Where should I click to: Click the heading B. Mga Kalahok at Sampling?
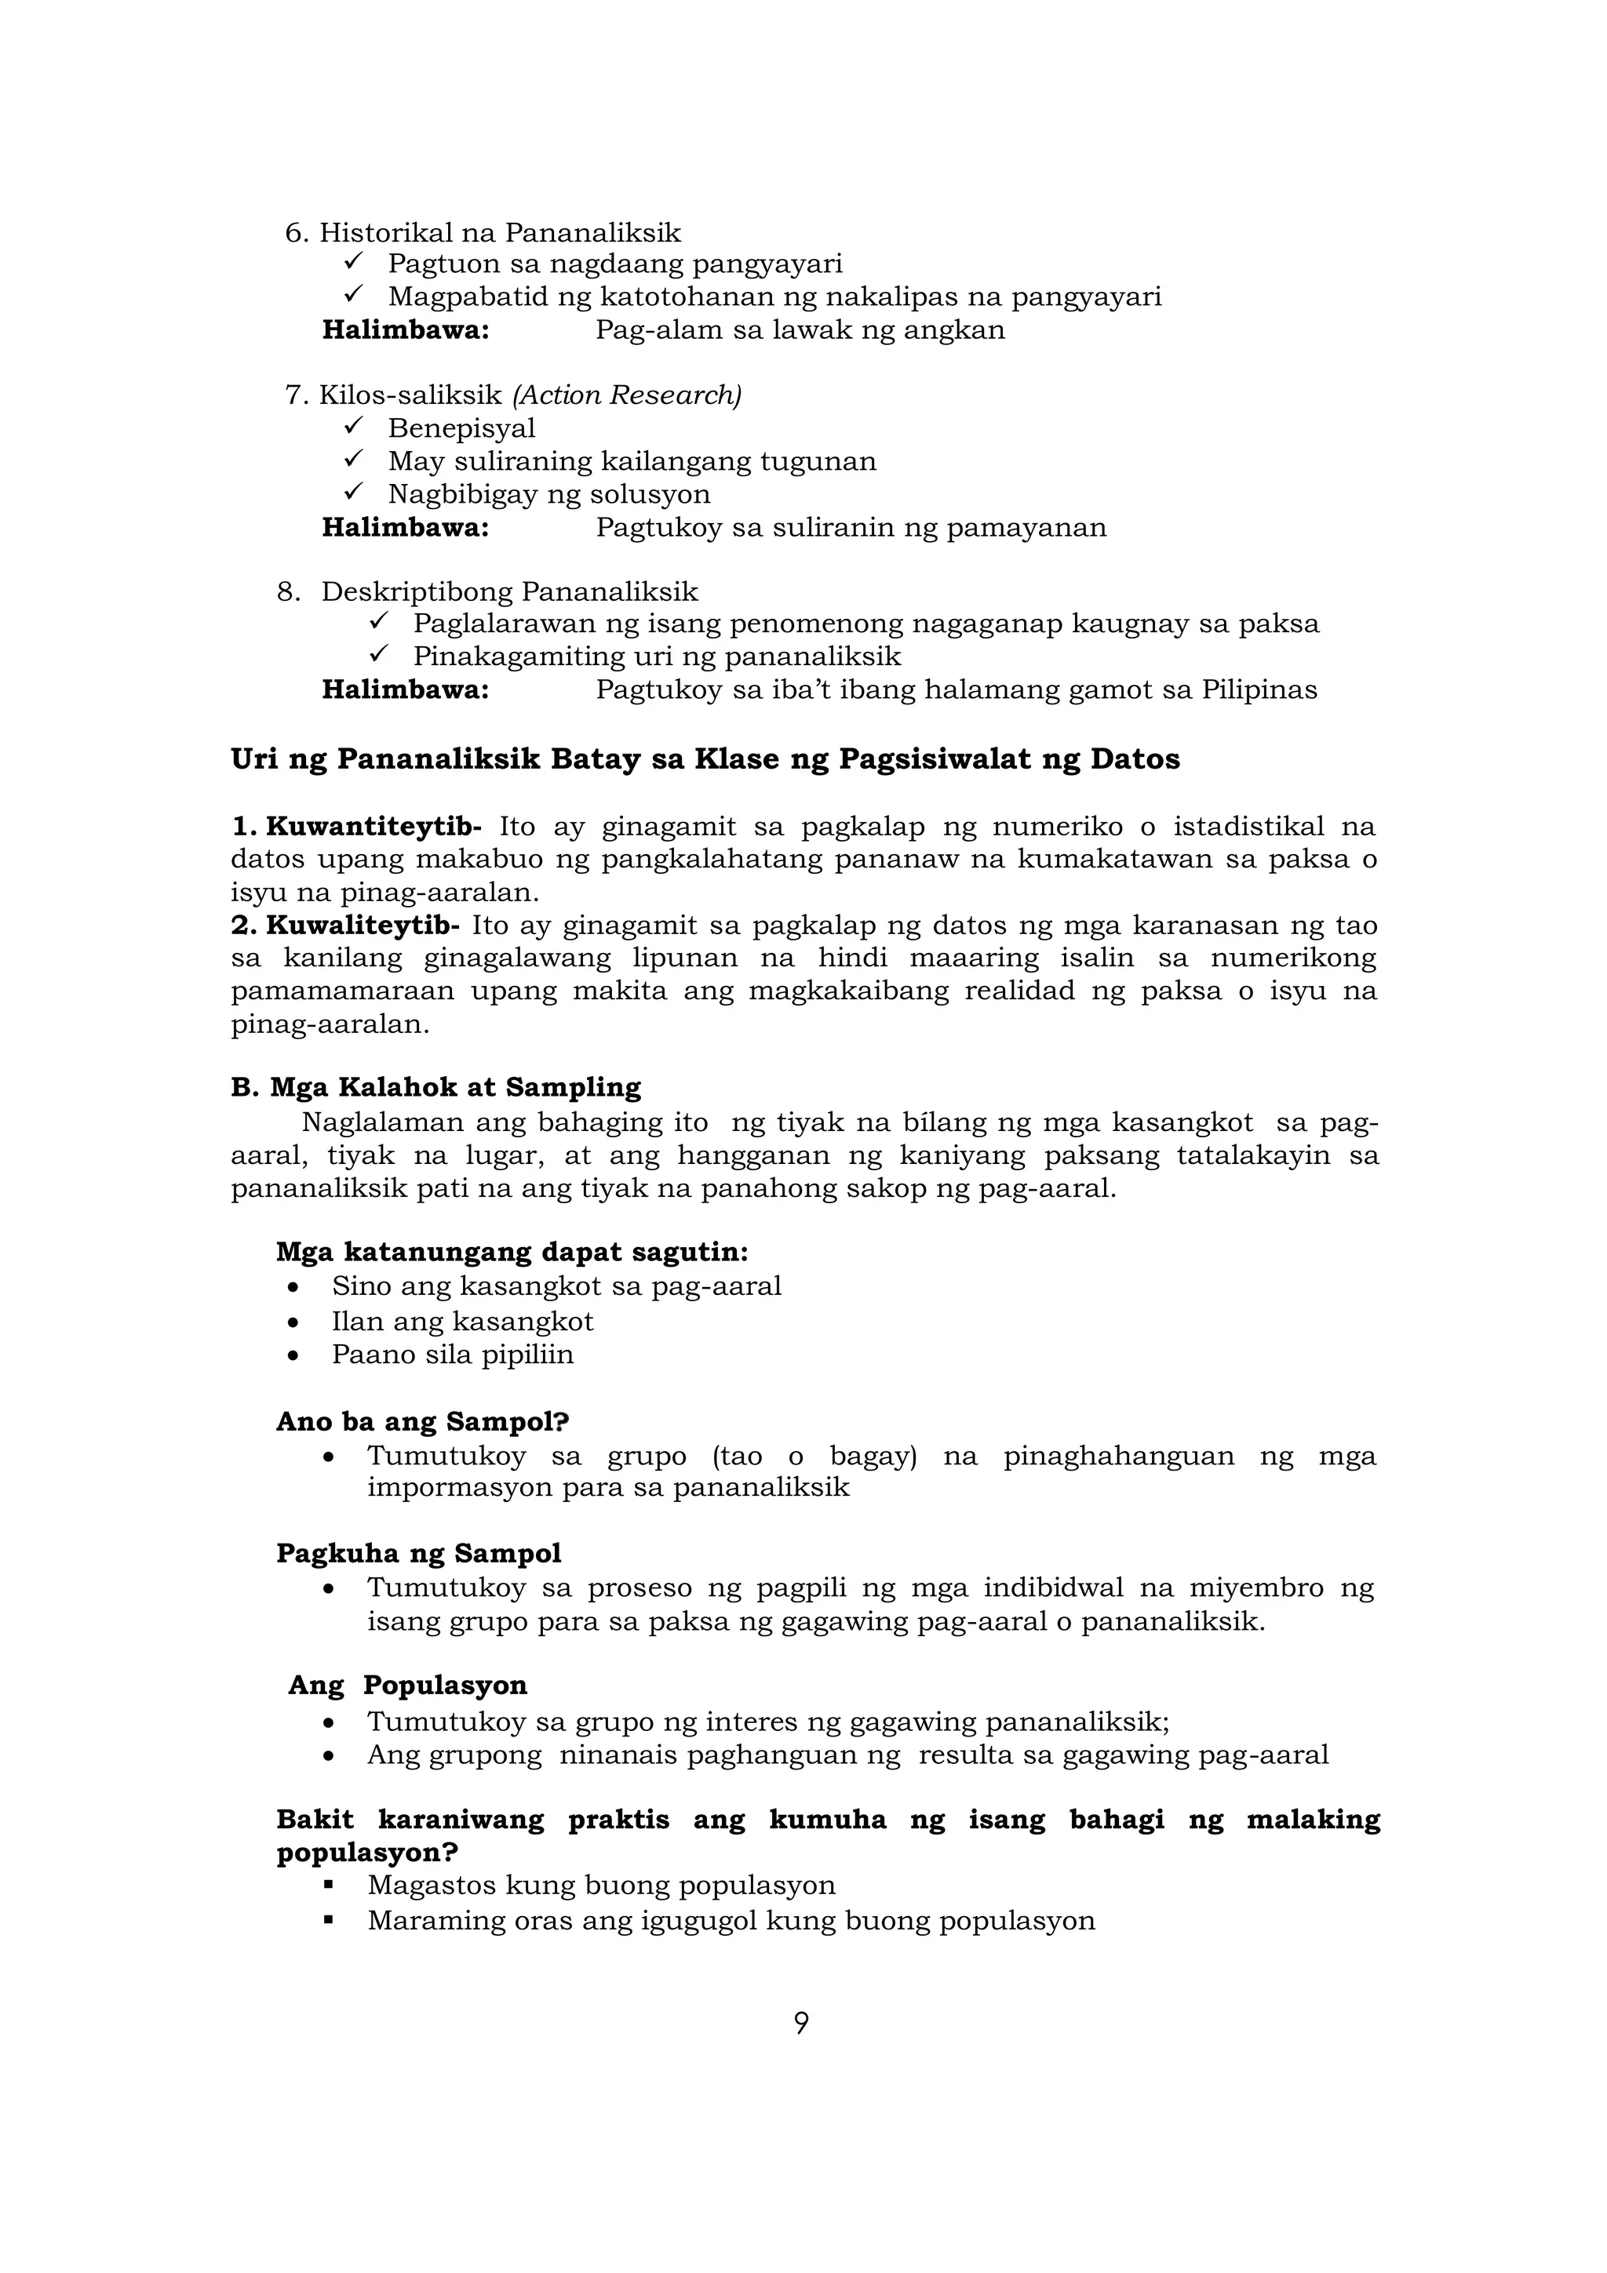tap(435, 1087)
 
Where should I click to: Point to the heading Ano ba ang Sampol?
tap(423, 1422)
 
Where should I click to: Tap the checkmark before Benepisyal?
tap(355, 427)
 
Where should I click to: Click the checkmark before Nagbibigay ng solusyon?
tap(355, 492)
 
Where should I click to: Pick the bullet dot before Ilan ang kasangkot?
tap(292, 1322)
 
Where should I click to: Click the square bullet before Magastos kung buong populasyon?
tap(329, 1885)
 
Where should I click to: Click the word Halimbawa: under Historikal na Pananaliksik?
tap(406, 329)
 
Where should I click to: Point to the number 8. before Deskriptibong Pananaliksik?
tap(288, 592)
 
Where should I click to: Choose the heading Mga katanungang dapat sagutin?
tap(512, 1253)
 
